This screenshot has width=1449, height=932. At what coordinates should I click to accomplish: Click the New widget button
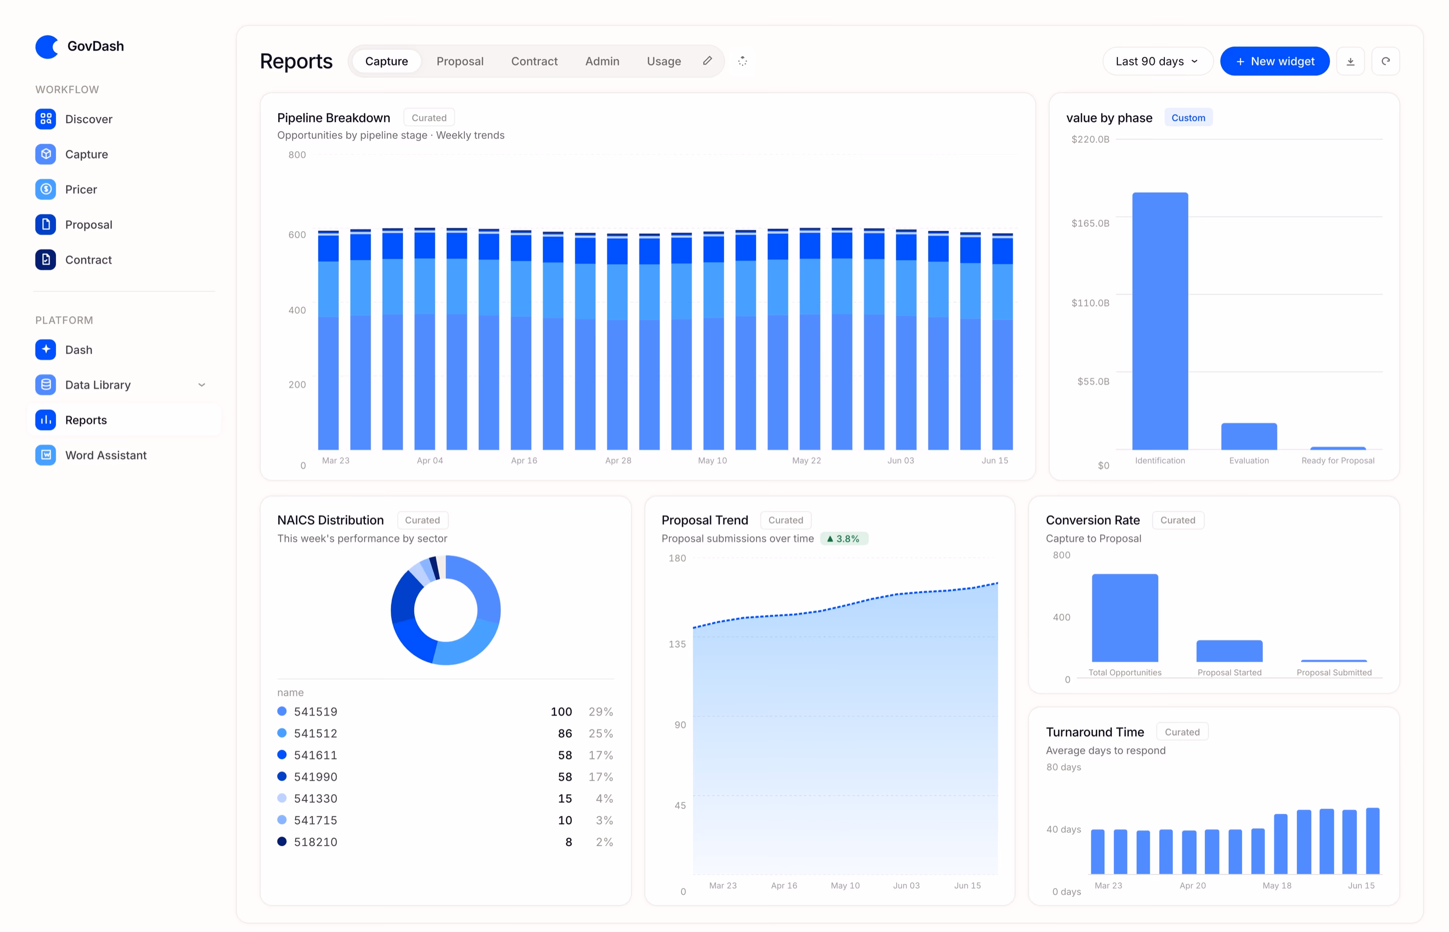(1274, 61)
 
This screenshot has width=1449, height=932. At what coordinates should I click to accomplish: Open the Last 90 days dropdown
(1157, 61)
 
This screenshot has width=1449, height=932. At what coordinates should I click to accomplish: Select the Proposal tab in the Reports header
(460, 61)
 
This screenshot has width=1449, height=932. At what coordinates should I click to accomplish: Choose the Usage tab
(663, 61)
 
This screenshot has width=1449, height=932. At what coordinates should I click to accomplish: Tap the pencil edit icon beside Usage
(707, 61)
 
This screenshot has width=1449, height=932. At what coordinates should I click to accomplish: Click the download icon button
(1350, 61)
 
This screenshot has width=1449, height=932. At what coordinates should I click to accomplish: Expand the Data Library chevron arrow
(202, 385)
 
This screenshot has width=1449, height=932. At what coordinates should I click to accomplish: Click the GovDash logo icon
(47, 46)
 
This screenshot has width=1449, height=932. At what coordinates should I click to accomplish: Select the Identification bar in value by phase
(1160, 321)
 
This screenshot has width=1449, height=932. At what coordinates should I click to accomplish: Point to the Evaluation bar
(1249, 436)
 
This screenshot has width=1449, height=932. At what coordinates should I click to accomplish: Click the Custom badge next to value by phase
(1188, 118)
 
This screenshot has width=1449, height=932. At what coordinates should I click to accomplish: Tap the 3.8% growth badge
(844, 539)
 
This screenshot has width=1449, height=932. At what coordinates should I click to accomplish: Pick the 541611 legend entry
(307, 755)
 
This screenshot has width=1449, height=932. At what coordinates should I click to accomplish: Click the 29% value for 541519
(600, 712)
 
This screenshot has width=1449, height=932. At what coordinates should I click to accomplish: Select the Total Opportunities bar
(1125, 618)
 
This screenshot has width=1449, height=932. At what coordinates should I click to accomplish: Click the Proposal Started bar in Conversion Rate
(1229, 651)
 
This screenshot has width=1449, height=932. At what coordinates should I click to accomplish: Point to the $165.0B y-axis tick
(1090, 223)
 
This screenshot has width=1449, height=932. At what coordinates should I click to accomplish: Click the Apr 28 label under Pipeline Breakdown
(618, 460)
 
